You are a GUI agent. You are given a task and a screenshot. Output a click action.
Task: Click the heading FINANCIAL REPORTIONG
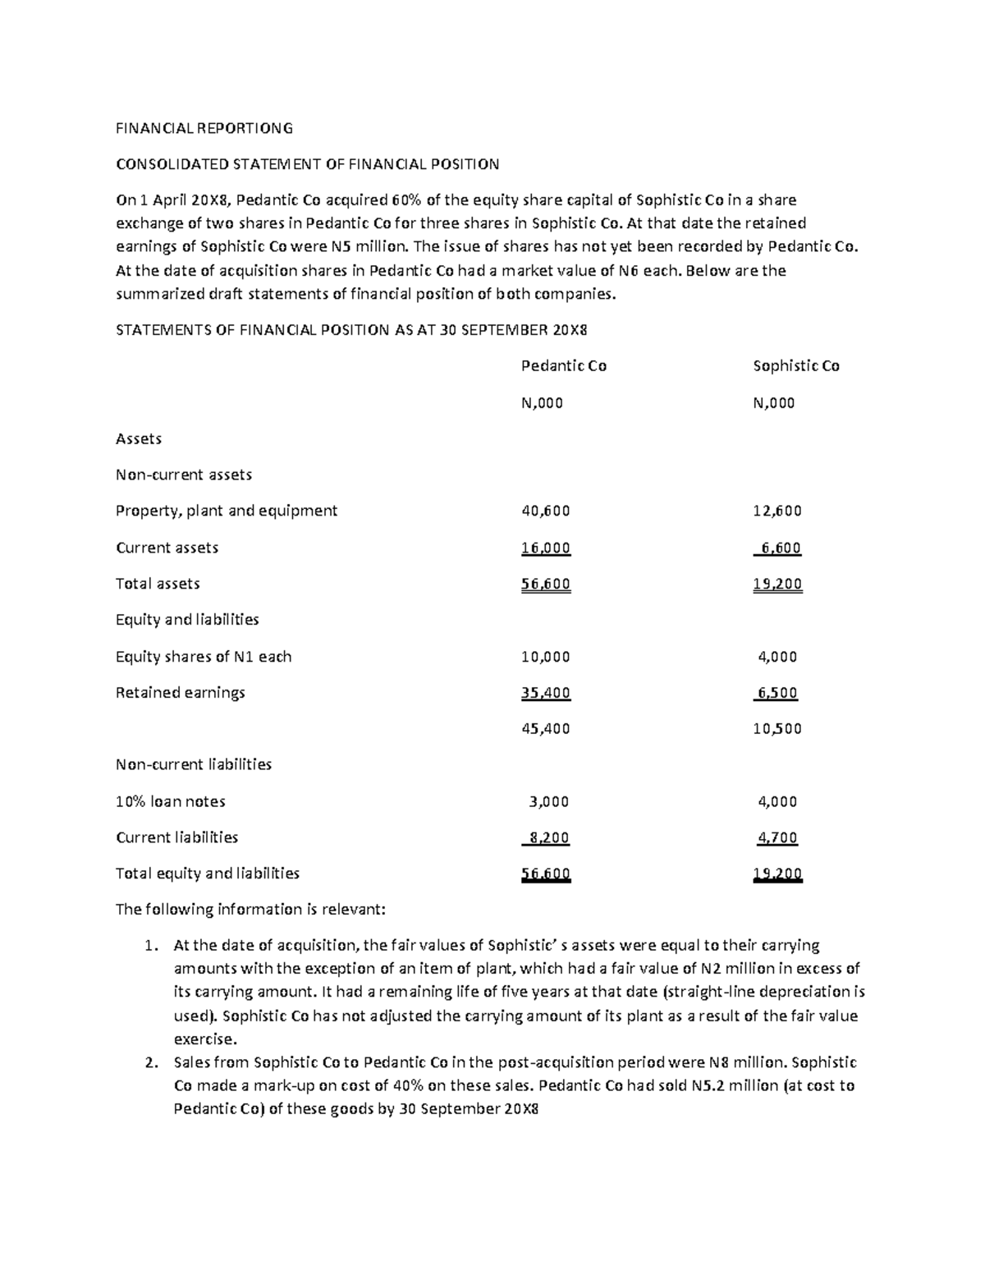204,128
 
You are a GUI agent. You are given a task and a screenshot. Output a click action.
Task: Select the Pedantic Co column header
564,366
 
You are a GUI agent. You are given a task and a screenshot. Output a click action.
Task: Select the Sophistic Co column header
795,366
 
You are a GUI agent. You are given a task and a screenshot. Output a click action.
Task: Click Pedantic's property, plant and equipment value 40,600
546,511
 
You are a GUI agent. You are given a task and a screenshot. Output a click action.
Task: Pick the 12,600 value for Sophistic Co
777,511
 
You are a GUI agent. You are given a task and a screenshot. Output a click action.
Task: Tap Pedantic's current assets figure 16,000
546,548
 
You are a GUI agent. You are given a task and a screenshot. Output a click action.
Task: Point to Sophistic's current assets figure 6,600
780,548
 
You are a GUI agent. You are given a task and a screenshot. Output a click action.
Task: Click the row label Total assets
158,584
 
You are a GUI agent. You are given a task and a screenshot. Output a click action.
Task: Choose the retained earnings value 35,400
546,693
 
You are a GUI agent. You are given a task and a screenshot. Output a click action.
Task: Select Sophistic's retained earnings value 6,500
777,693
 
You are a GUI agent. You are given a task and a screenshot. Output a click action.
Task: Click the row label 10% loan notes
171,801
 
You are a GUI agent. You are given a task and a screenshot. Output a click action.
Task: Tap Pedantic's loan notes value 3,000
548,801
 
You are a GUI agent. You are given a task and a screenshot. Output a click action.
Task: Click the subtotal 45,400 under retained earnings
546,728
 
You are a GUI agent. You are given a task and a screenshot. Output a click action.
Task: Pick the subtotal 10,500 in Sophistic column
777,728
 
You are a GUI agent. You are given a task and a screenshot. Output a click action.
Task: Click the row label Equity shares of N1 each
204,657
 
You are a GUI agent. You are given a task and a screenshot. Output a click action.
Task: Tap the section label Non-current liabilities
194,764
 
